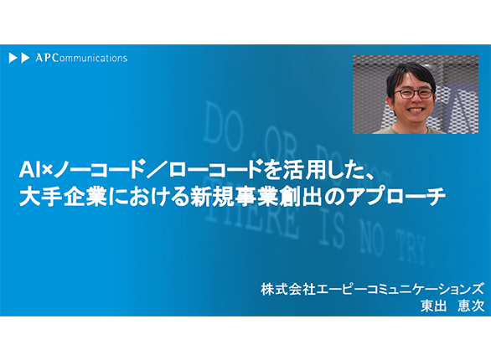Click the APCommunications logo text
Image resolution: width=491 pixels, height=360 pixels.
click(81, 58)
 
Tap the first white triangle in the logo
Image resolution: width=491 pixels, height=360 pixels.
click(13, 58)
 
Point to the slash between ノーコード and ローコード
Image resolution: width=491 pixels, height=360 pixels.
click(156, 171)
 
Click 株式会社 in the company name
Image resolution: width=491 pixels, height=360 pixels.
click(288, 290)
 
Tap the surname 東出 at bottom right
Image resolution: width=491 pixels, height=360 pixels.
click(433, 306)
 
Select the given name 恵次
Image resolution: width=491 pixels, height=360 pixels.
click(471, 306)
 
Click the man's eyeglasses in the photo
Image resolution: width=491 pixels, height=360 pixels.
click(413, 93)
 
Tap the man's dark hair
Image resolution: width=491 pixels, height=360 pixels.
click(411, 75)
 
